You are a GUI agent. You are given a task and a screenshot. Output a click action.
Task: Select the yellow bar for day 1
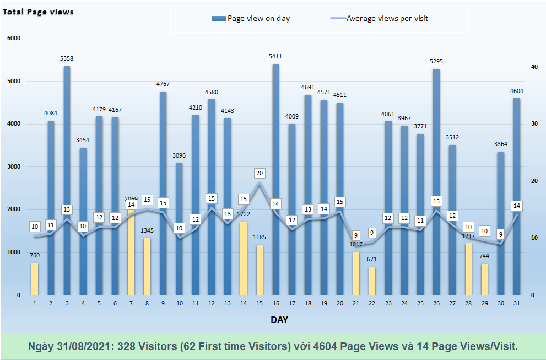(x=35, y=278)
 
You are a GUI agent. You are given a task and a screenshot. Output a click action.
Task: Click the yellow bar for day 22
(x=372, y=281)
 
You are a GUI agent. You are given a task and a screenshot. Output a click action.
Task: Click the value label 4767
(x=163, y=84)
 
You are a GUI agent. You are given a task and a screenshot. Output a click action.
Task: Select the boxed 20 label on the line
(x=260, y=173)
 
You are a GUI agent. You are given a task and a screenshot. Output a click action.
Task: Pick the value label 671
(x=372, y=259)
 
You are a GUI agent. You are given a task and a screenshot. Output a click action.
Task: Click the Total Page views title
(x=38, y=12)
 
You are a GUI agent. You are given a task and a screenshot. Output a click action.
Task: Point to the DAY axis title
(x=279, y=320)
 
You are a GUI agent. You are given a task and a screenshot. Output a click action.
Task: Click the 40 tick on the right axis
(x=534, y=67)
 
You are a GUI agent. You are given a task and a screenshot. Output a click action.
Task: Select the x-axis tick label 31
(x=516, y=303)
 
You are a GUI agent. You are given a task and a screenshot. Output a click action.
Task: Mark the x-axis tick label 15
(x=260, y=303)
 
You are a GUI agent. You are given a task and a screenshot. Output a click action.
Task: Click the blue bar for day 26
(x=436, y=182)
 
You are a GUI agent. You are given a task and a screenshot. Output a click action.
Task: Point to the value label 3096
(x=179, y=155)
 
